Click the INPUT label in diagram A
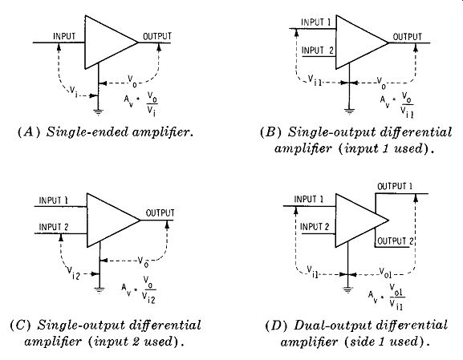pos(64,36)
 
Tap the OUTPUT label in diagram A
pos(157,36)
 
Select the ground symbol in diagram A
pos(99,111)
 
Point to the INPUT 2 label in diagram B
pos(318,51)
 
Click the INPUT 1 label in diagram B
pos(316,22)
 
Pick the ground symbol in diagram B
pos(349,111)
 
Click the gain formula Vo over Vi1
pos(397,104)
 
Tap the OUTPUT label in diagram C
pos(160,212)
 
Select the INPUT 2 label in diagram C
pos(54,227)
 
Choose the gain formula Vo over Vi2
pos(139,289)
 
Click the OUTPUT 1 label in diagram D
pos(395,186)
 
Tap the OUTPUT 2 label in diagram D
pos(396,241)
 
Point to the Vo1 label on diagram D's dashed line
pos(385,273)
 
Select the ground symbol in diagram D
pos(347,289)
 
